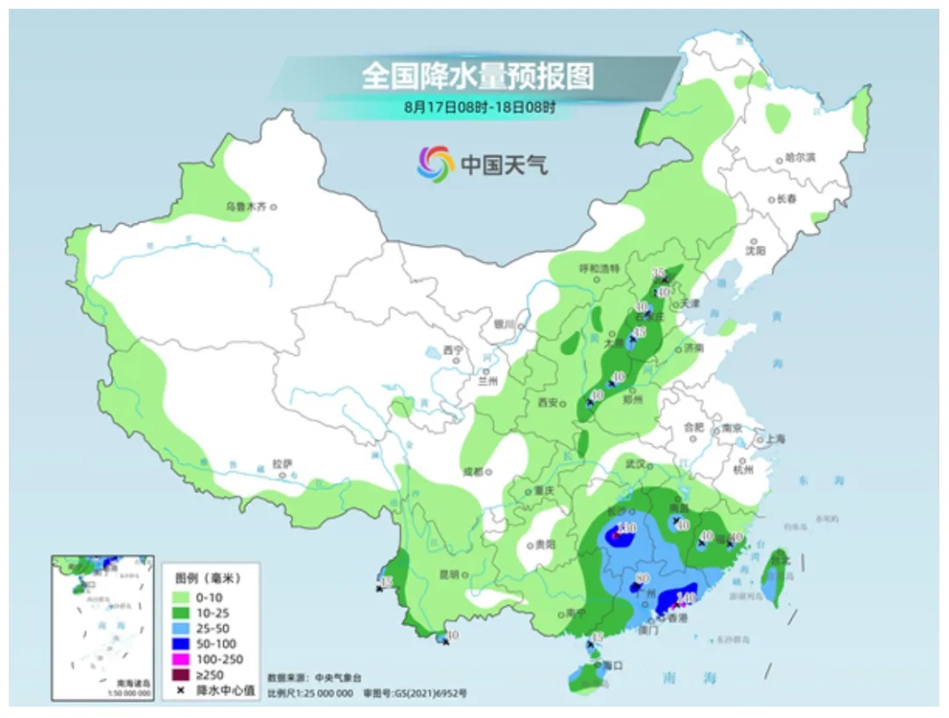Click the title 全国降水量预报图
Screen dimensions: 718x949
pyautogui.click(x=478, y=76)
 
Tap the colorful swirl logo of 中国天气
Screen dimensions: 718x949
pyautogui.click(x=434, y=162)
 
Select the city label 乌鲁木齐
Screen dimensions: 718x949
pyautogui.click(x=245, y=207)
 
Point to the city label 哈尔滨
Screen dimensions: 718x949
pyautogui.click(x=800, y=158)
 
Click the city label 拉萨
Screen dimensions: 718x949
pyautogui.click(x=281, y=462)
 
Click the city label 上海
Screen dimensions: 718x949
pyautogui.click(x=775, y=439)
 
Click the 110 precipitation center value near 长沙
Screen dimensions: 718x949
pyautogui.click(x=626, y=527)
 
